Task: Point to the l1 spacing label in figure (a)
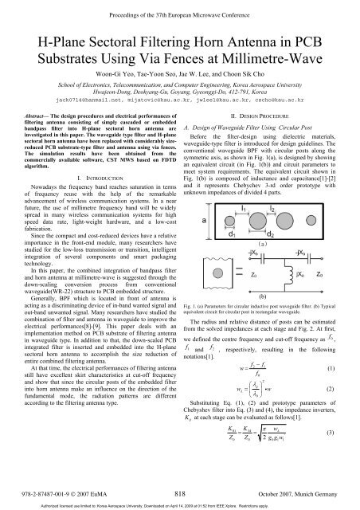pyautogui.click(x=244, y=207)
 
